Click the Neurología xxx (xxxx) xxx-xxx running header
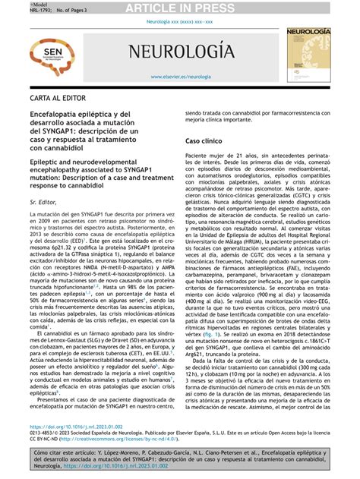tap(180, 23)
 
